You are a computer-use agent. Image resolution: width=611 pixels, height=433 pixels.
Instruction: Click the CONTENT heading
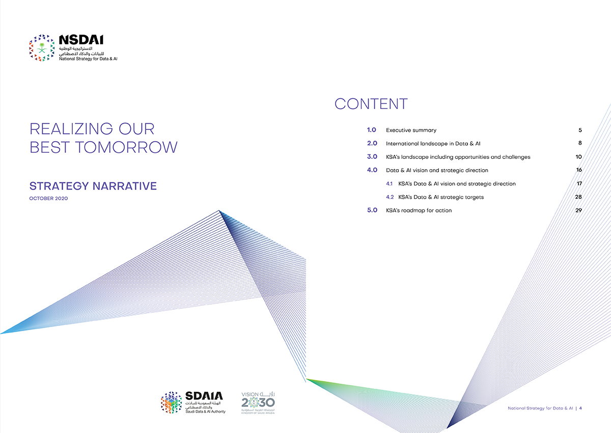[x=371, y=104]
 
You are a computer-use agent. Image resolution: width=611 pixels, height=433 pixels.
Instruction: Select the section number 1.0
[x=372, y=130]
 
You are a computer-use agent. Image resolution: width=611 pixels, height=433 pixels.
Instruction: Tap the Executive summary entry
[x=411, y=130]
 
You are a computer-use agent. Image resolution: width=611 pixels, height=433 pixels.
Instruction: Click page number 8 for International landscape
[x=580, y=143]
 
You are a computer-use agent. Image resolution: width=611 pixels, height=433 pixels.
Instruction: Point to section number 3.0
[x=372, y=156]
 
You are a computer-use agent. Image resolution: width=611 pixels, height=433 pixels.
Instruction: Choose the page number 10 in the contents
[x=578, y=156]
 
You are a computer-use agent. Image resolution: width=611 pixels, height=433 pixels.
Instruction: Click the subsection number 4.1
[x=389, y=183]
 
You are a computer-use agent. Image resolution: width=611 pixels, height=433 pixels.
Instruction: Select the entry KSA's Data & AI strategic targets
[x=441, y=197]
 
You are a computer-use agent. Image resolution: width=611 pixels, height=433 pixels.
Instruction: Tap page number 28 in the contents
[x=578, y=197]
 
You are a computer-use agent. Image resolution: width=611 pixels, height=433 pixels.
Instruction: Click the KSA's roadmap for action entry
[x=419, y=210]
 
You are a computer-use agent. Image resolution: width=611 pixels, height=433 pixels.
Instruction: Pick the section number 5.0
[x=372, y=210]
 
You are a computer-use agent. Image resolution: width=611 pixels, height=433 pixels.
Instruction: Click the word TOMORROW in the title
[x=126, y=147]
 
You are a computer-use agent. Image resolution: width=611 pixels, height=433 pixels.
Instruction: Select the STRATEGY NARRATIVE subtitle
[x=93, y=186]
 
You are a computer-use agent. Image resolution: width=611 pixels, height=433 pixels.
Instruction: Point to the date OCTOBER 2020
[x=48, y=198]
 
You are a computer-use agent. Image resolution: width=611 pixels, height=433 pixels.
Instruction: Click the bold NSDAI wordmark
[x=81, y=40]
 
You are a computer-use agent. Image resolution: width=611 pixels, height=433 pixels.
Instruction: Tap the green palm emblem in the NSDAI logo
[x=42, y=48]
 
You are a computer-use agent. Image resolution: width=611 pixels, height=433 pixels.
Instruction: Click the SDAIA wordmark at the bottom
[x=204, y=396]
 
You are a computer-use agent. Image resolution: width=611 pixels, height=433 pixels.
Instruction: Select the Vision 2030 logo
[x=258, y=403]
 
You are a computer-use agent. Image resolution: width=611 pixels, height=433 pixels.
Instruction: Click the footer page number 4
[x=581, y=408]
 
